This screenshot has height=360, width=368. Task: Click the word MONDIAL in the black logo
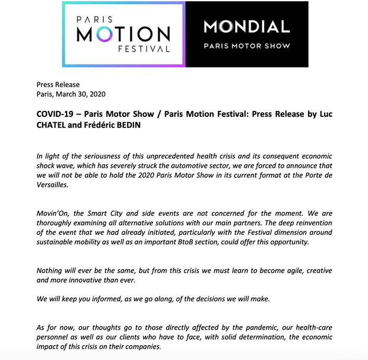click(246, 27)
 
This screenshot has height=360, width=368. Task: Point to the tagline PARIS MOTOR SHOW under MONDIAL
click(246, 45)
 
